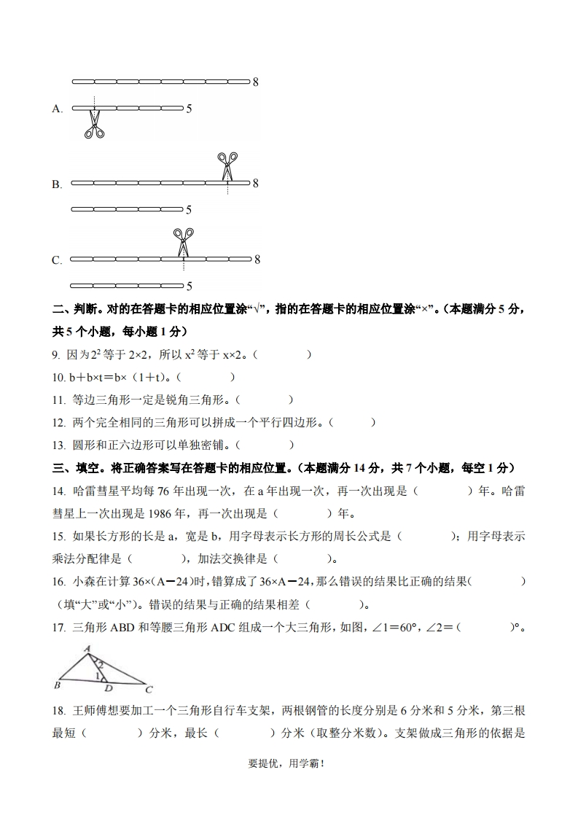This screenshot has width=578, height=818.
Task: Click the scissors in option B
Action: click(x=227, y=165)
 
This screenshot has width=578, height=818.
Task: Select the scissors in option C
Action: click(x=183, y=241)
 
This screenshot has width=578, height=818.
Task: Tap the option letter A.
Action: click(x=58, y=109)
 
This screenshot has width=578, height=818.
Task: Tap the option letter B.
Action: click(x=57, y=185)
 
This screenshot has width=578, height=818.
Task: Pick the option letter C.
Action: click(x=57, y=260)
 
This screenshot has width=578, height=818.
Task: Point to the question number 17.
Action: click(x=59, y=626)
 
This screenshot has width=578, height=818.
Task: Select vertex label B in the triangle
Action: click(x=57, y=685)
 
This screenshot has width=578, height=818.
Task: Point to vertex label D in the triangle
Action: click(x=109, y=688)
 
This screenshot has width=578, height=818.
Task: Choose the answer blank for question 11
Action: click(x=265, y=400)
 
